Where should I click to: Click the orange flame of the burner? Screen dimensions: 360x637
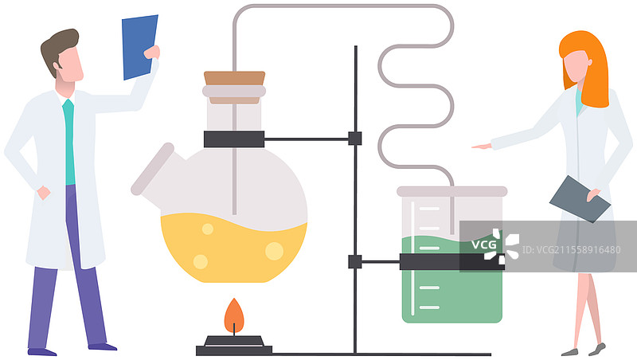point(233,316)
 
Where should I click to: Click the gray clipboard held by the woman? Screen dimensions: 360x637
point(579,198)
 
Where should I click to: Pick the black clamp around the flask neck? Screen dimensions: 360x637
point(233,139)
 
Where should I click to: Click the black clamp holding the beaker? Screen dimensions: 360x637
point(451,261)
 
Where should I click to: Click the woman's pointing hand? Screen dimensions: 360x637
point(481,147)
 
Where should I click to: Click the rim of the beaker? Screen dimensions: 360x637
point(451,191)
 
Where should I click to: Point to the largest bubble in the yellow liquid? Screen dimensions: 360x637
point(274,251)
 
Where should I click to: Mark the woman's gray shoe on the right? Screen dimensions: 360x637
point(596,349)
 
